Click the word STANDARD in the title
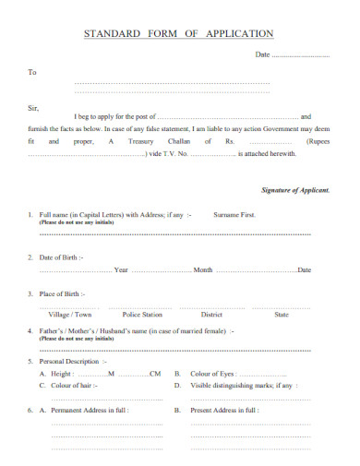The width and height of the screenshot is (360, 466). [112, 33]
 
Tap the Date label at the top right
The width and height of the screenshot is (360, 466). [262, 55]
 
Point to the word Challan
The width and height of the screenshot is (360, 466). [181, 142]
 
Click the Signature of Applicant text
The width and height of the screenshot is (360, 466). [296, 189]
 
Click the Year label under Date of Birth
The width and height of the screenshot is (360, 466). [121, 269]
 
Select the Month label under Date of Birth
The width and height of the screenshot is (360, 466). [203, 269]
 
